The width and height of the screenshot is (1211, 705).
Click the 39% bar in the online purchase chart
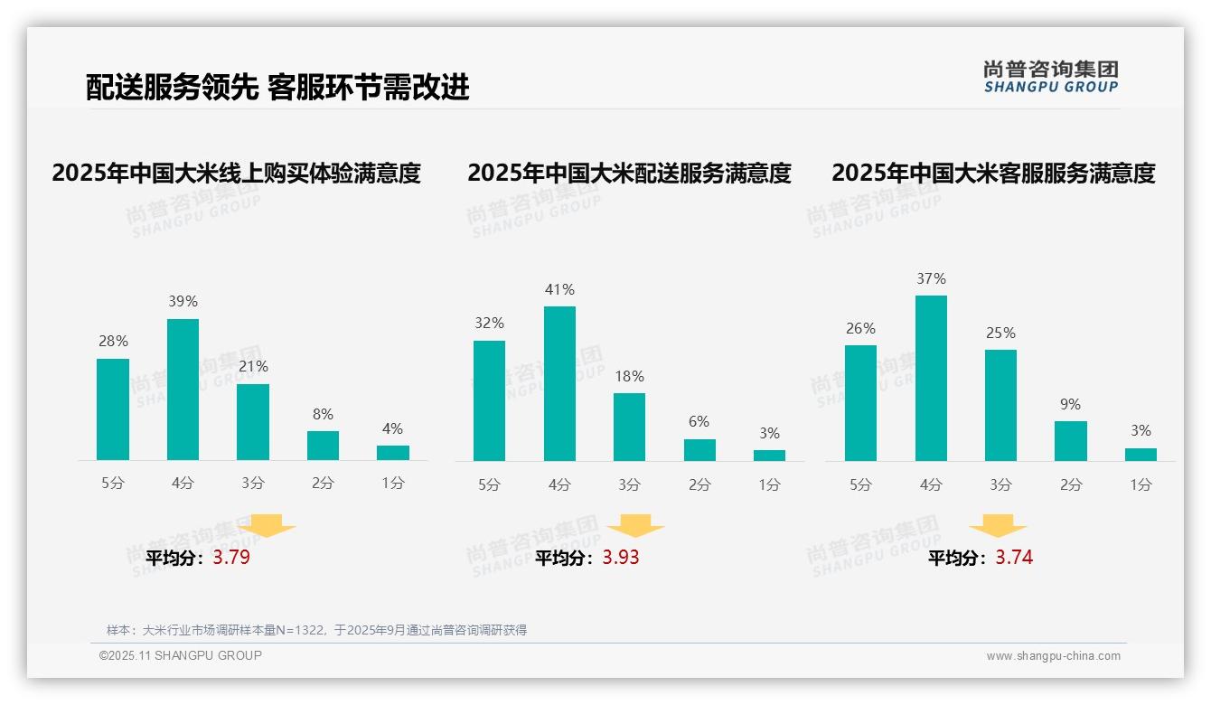(x=183, y=390)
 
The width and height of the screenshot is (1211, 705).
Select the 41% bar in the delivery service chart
(x=559, y=384)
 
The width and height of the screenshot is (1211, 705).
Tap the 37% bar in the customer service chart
(x=931, y=378)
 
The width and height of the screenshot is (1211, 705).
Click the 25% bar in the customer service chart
(x=1000, y=405)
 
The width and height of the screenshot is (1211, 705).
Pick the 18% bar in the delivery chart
(x=629, y=427)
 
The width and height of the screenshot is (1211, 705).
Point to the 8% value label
(x=323, y=414)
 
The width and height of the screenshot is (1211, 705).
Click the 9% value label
(x=1070, y=404)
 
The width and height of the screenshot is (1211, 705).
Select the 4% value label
(x=392, y=428)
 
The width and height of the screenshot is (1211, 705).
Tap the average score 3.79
(x=231, y=558)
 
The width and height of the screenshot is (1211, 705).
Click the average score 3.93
(x=621, y=558)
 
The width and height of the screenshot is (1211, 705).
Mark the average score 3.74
(x=1014, y=558)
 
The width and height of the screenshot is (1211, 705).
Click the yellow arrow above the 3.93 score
(x=636, y=526)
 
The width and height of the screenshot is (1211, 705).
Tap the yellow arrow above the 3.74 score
(x=998, y=526)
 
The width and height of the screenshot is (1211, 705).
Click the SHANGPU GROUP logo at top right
(x=1051, y=77)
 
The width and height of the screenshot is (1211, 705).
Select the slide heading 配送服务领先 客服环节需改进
(x=277, y=87)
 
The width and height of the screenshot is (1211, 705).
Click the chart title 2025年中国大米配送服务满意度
(x=629, y=173)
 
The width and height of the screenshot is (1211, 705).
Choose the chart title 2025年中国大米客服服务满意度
(x=993, y=173)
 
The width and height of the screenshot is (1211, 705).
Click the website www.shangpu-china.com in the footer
(x=1053, y=656)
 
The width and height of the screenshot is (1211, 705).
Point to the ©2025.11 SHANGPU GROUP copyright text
(x=181, y=655)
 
